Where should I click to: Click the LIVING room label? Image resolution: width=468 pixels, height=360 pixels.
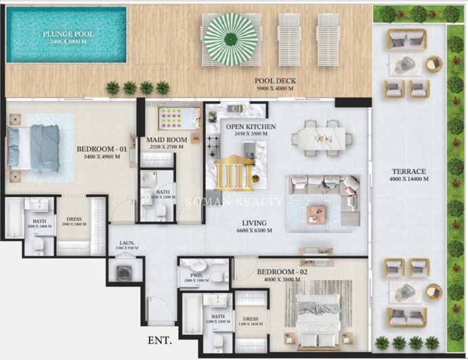[x=254, y=223]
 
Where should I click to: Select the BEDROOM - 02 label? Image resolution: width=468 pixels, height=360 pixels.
[x=285, y=272]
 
